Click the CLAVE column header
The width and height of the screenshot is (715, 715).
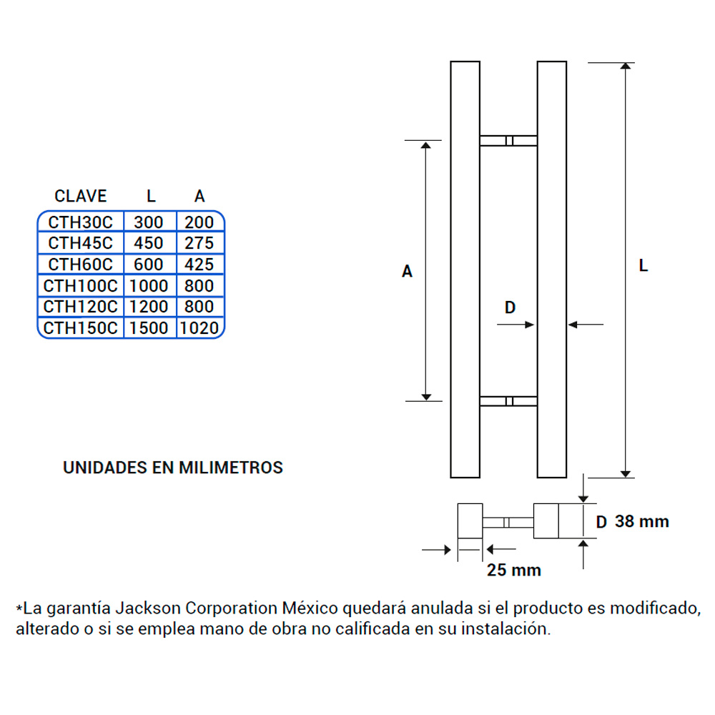[81, 196]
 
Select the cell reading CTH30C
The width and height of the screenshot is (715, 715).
[80, 222]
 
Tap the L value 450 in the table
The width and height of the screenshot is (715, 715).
[149, 243]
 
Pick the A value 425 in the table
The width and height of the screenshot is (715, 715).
[199, 265]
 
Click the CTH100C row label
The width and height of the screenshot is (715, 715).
[80, 286]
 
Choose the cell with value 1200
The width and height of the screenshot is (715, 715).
[149, 307]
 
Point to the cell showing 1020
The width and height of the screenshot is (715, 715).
[199, 328]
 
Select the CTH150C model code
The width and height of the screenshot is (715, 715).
[80, 328]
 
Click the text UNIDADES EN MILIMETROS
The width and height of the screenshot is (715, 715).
[173, 468]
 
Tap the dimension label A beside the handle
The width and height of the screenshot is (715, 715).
[407, 272]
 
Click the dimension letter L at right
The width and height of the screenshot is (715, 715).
[643, 266]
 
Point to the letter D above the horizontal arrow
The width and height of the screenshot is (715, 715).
[510, 307]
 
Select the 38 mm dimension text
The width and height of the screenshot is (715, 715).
[642, 521]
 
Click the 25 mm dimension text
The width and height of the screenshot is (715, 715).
[513, 570]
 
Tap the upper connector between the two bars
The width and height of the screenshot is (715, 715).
[508, 141]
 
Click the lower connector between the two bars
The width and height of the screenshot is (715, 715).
[508, 401]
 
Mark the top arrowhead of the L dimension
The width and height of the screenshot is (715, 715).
[626, 68]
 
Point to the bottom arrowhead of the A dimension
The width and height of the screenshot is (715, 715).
[427, 395]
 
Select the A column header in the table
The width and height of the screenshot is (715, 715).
[199, 196]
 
